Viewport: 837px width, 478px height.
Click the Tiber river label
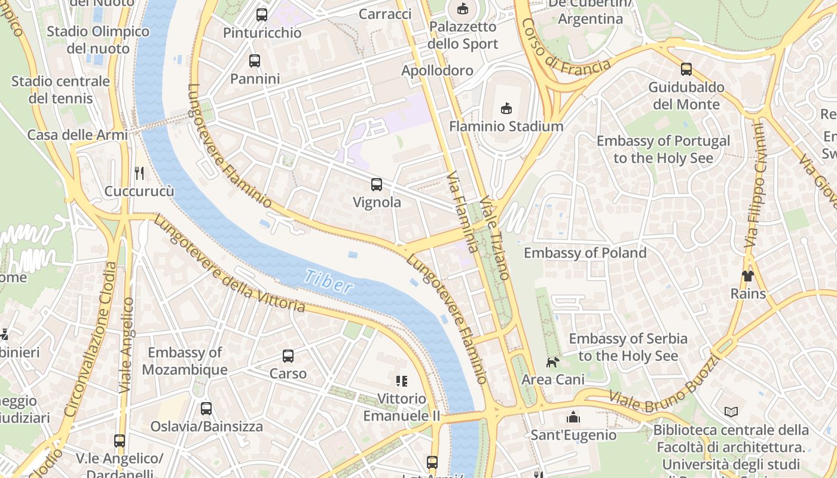coord(328,281)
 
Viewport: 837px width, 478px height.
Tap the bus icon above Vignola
coord(377,185)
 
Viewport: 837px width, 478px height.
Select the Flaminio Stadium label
coord(506,126)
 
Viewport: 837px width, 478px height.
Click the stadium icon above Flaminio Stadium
coord(506,108)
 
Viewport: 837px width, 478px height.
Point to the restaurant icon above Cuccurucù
coord(139,173)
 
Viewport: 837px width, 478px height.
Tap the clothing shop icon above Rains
coord(748,275)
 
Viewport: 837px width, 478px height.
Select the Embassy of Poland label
coord(585,253)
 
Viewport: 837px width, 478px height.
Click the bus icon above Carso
coord(288,356)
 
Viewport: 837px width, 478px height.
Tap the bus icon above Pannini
coord(255,61)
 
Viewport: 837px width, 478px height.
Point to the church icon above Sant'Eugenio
coord(573,416)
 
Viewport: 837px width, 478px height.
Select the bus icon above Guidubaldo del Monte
coord(686,69)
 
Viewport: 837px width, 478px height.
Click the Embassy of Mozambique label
coord(185,361)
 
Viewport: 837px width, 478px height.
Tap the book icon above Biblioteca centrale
coord(731,412)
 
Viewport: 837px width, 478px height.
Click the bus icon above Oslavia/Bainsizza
coord(206,409)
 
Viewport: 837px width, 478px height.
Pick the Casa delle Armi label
coord(78,134)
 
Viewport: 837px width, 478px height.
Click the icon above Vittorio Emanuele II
coord(402,381)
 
